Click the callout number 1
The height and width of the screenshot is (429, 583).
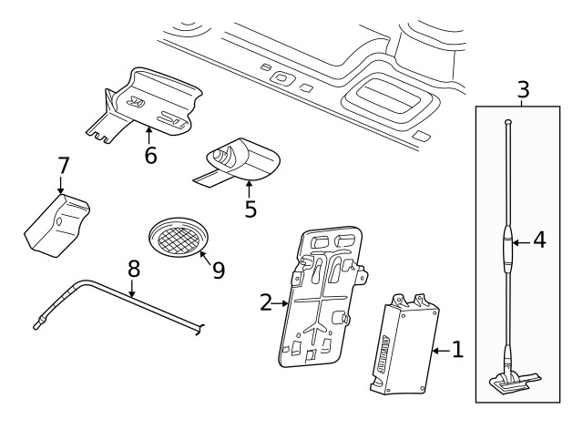pyautogui.click(x=457, y=349)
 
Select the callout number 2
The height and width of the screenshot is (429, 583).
pyautogui.click(x=266, y=302)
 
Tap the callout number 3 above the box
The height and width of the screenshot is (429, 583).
pyautogui.click(x=523, y=90)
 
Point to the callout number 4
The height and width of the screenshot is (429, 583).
pyautogui.click(x=539, y=241)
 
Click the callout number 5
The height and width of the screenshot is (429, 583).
pyautogui.click(x=251, y=209)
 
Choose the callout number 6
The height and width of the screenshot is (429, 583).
pyautogui.click(x=150, y=155)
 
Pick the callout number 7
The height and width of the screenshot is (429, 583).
pyautogui.click(x=63, y=167)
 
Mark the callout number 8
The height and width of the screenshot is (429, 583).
pyautogui.click(x=134, y=269)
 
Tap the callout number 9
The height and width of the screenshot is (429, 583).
pyautogui.click(x=219, y=271)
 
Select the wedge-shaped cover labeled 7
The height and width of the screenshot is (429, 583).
pyautogui.click(x=56, y=223)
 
